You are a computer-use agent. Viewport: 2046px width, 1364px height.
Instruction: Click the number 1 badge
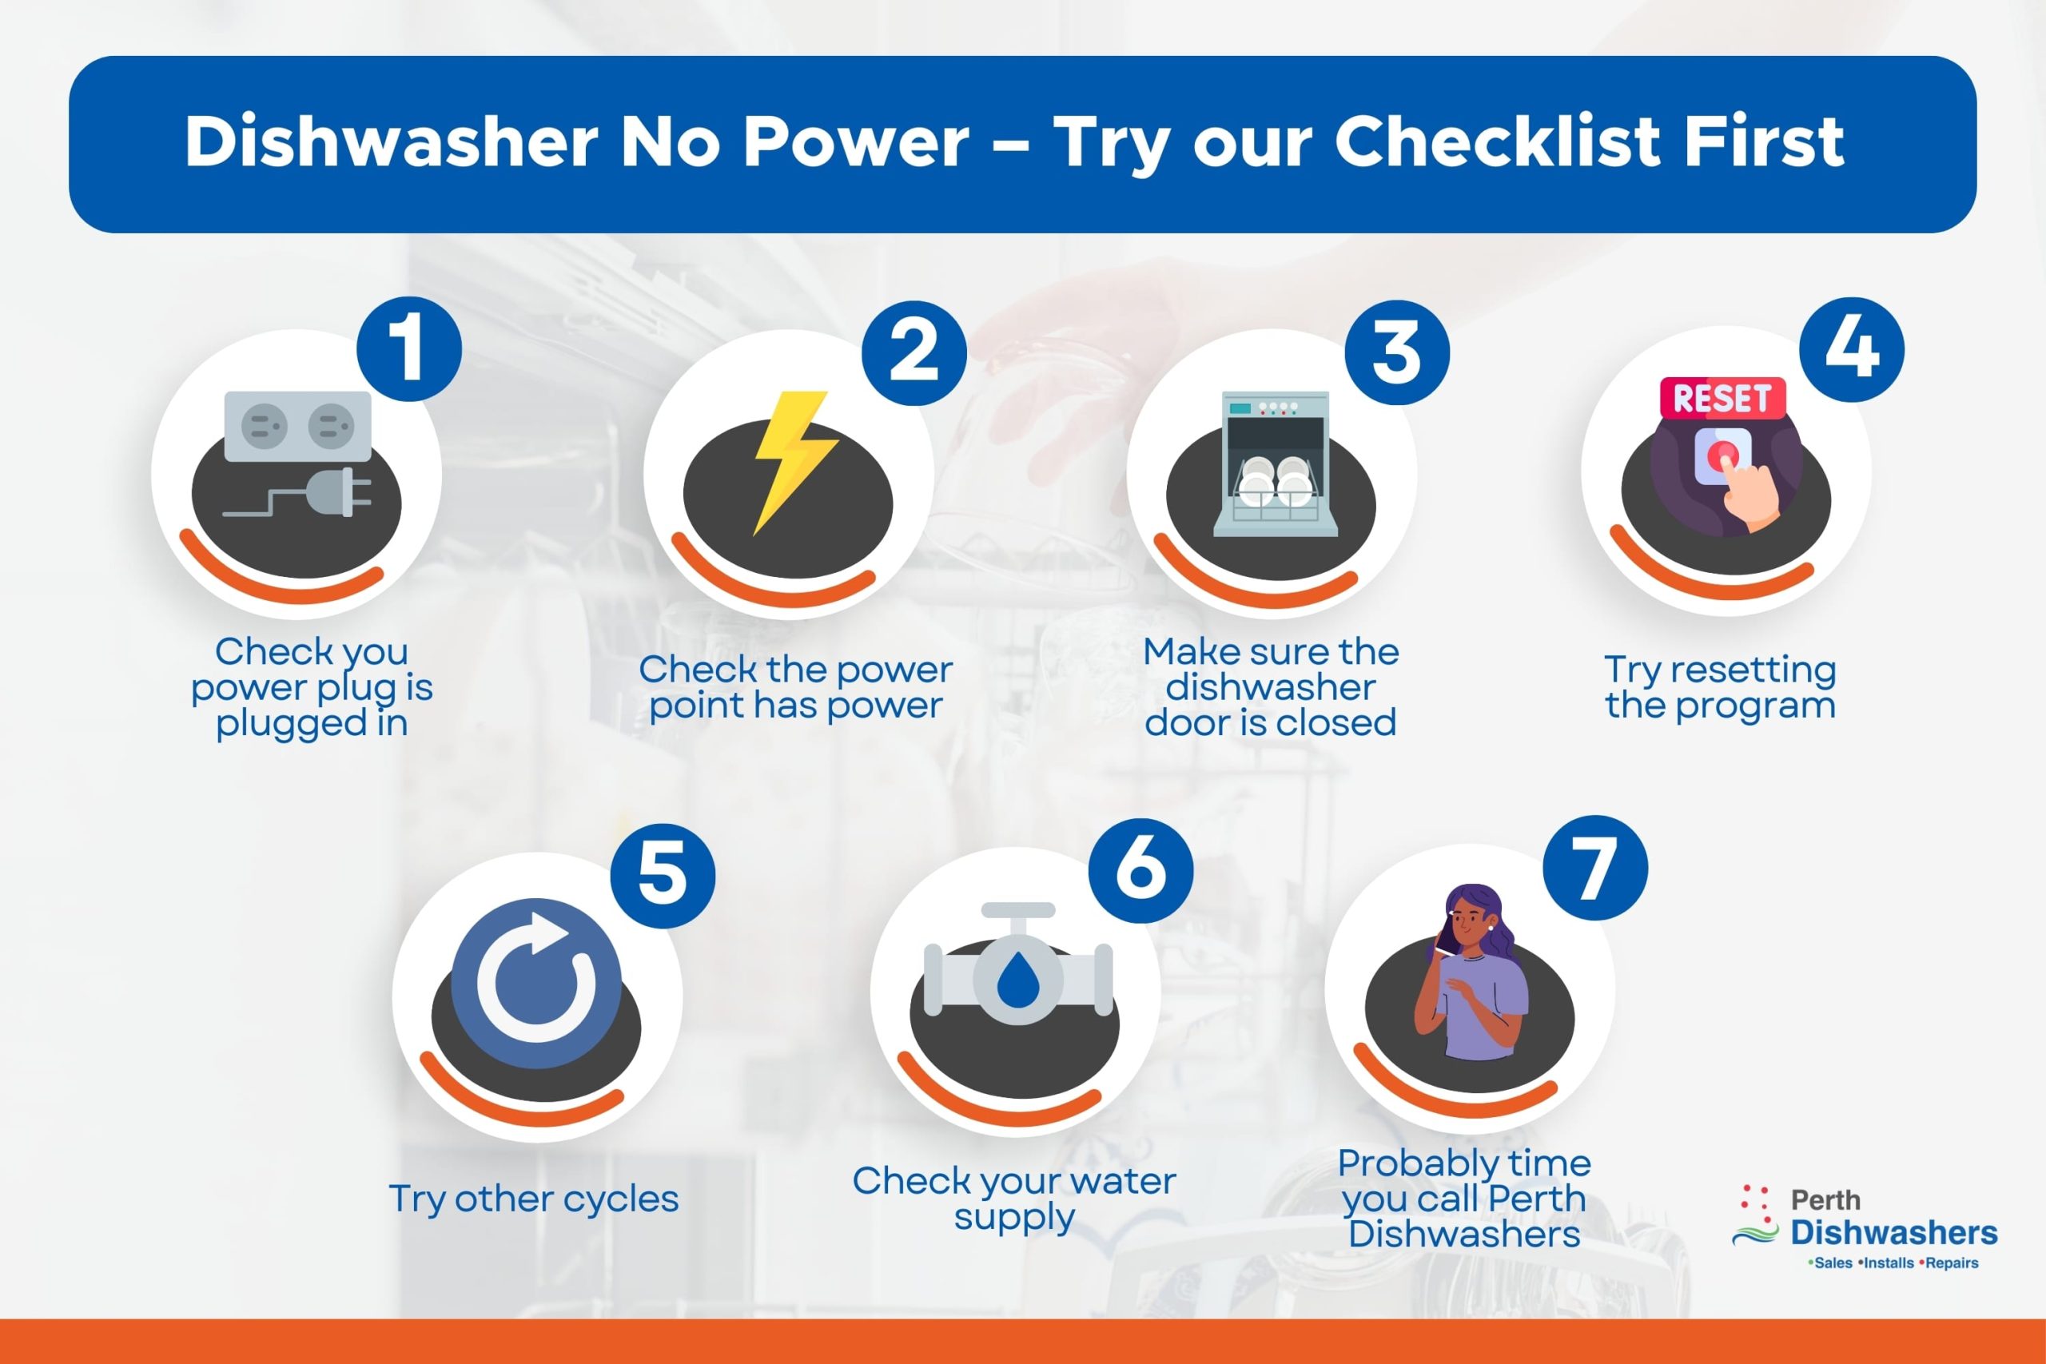(409, 349)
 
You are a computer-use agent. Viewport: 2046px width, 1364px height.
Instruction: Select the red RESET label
(1722, 399)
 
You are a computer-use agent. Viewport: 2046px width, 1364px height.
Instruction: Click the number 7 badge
(1594, 867)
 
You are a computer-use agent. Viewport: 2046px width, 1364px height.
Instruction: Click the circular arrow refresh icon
(535, 983)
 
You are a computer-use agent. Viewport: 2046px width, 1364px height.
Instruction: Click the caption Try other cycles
(533, 1199)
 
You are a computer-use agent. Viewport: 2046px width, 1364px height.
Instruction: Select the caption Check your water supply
(1014, 1199)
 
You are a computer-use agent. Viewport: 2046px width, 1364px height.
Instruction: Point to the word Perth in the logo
(1825, 1200)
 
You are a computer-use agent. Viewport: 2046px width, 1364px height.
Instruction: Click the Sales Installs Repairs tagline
(1892, 1263)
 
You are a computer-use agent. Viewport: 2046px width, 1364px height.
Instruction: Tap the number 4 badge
(1851, 349)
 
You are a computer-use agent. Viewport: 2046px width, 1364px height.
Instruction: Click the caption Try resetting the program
(1720, 687)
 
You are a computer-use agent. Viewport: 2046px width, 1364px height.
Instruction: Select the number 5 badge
(662, 874)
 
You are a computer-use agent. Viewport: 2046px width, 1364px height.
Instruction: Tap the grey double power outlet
(297, 426)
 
